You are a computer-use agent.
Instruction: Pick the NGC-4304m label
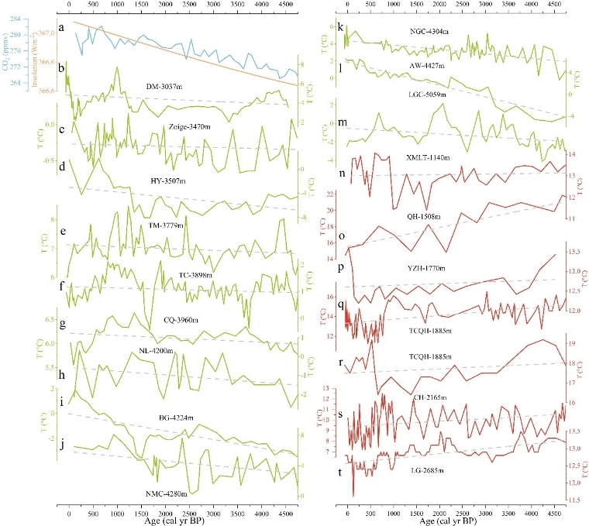coord(429,30)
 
